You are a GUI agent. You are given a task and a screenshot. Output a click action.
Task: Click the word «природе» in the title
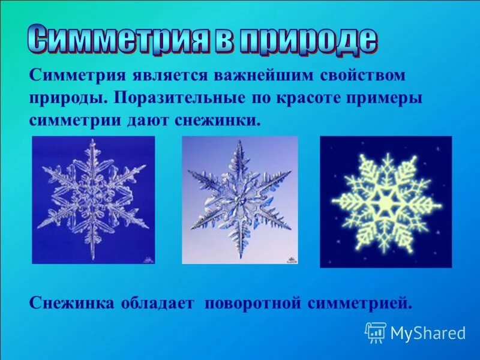[309, 40]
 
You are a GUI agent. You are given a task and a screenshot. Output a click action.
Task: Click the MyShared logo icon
[376, 332]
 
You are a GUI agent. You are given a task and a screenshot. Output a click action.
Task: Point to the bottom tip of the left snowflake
[93, 258]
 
